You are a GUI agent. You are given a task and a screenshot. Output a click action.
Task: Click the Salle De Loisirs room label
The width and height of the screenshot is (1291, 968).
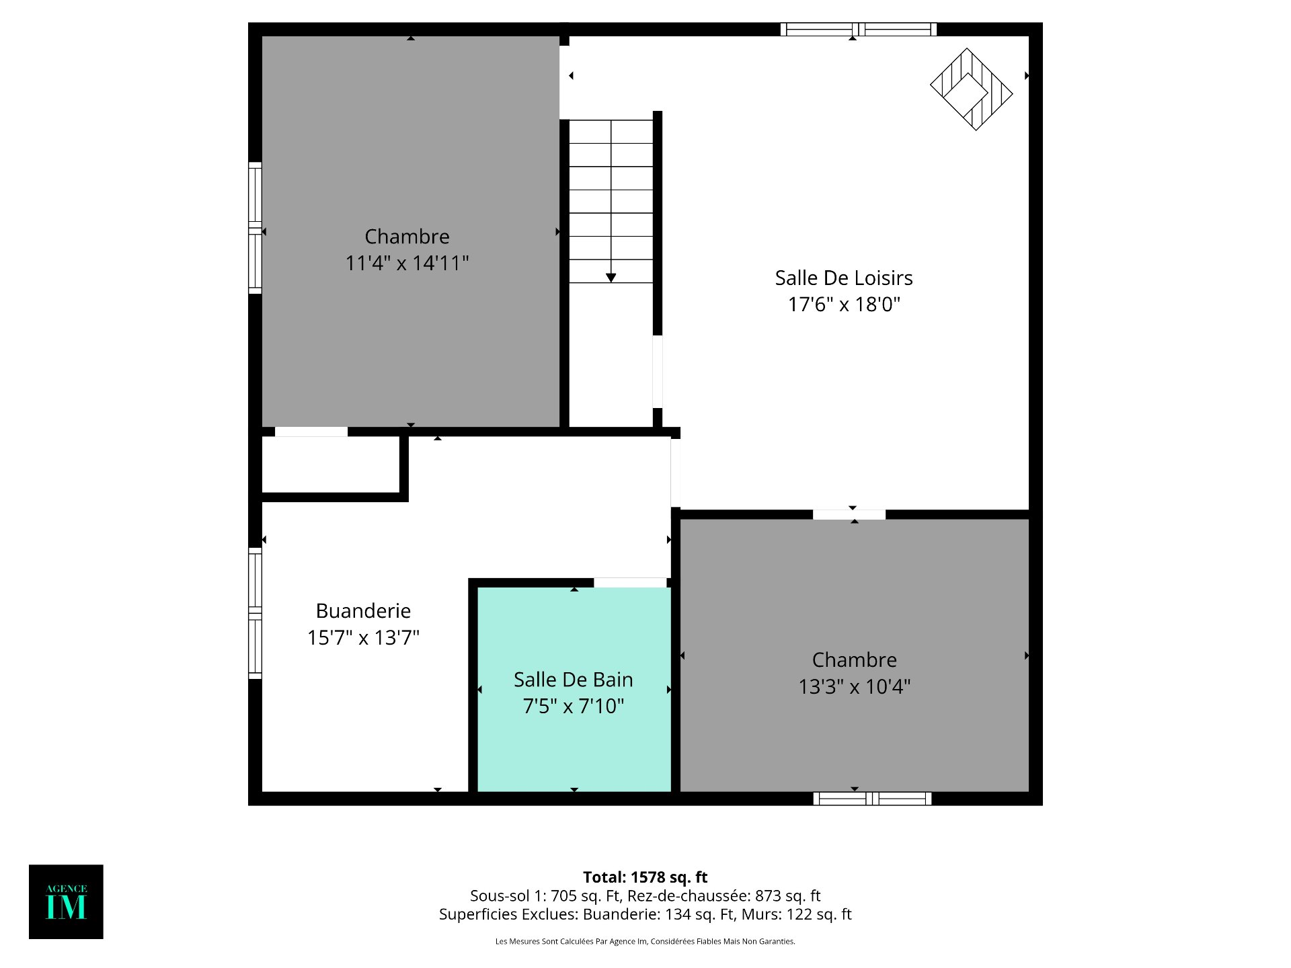pos(843,278)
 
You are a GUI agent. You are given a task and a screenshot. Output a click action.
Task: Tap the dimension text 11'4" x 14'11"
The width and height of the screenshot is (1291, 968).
pos(407,263)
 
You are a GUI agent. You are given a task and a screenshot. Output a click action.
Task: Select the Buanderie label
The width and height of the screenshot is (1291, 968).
pos(363,610)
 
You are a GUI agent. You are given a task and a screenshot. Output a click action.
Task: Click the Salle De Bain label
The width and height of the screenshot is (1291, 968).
pos(573,680)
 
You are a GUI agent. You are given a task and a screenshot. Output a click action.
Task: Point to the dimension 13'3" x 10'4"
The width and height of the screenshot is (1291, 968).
pos(854,686)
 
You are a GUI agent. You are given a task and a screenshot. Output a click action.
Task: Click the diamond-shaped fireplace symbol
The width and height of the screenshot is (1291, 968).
pos(971,89)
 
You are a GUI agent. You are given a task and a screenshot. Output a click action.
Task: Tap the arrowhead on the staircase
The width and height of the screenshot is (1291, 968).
pos(611,278)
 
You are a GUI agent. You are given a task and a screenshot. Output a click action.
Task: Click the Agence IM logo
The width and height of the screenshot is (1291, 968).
pos(66,901)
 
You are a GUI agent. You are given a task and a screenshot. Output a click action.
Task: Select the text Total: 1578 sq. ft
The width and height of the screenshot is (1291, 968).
pos(645,877)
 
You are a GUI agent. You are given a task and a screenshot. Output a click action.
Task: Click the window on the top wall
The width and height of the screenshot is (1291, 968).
pos(858,30)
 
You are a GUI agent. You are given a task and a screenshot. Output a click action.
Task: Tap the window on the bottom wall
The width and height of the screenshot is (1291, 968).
pos(872,799)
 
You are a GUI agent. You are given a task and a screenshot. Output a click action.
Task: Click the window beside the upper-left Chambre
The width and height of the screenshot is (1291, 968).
pos(255,228)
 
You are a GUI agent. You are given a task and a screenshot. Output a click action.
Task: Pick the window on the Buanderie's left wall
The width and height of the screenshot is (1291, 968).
pos(255,613)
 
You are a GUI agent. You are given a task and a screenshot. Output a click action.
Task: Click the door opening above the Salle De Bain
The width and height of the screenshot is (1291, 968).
pos(630,582)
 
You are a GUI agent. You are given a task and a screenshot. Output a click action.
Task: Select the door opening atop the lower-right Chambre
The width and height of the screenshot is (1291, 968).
pos(849,514)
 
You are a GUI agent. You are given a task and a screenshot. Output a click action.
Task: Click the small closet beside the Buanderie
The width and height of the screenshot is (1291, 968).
pos(330,464)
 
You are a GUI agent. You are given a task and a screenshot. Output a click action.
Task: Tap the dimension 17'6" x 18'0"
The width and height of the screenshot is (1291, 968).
pos(843,305)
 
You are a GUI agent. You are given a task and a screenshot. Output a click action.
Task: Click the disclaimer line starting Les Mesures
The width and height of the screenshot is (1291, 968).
pos(645,941)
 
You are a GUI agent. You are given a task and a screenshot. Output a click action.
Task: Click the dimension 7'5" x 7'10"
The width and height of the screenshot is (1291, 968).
pos(573,706)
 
